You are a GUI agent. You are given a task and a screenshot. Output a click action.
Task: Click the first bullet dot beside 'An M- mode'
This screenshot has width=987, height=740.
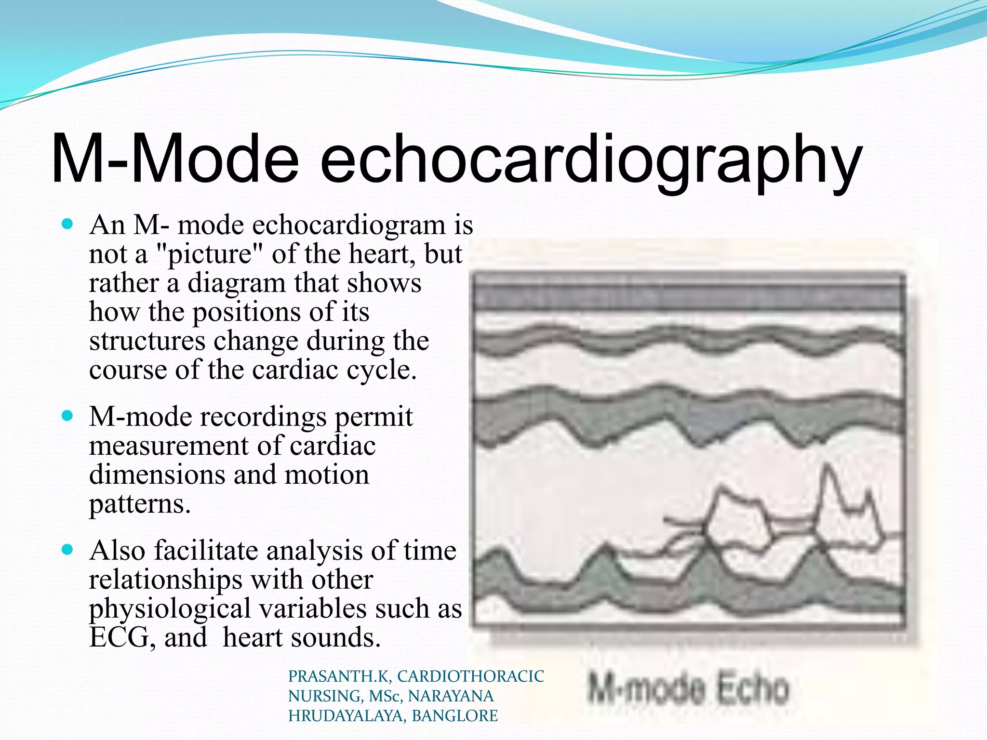pos(68,224)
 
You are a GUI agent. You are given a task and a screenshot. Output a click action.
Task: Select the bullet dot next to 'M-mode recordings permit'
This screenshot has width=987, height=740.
pos(68,415)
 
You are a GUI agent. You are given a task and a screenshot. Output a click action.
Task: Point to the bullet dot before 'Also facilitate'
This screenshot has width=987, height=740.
pos(68,549)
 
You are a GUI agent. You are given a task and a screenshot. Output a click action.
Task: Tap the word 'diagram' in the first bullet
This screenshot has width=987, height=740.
pos(236,283)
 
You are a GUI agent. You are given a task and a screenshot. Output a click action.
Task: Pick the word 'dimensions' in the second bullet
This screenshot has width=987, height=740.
pos(157,475)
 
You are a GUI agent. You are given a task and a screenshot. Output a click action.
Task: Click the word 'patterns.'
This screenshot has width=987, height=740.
pos(140,504)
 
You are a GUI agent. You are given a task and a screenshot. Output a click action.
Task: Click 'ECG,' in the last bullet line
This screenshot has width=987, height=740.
pos(122,637)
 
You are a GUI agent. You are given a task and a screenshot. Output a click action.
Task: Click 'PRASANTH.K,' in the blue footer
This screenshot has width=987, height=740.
pos(339,676)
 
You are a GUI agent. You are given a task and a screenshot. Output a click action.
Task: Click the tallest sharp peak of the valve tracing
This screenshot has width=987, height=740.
pos(827,465)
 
